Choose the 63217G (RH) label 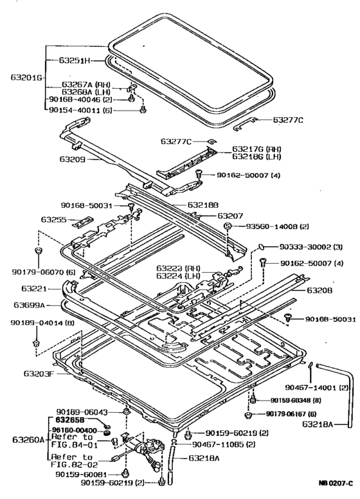pos(256,149)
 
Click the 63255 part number pos(54,219)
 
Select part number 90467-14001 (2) pos(316,388)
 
